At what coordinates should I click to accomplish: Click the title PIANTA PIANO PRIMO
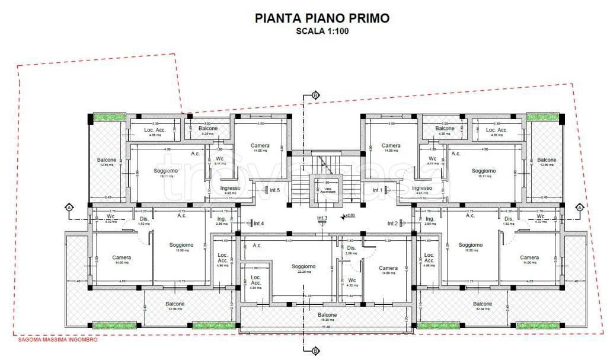pyautogui.click(x=322, y=18)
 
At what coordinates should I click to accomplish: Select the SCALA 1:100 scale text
pyautogui.click(x=322, y=32)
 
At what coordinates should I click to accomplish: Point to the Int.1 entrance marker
pyautogui.click(x=378, y=190)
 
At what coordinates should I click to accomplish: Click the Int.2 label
pyautogui.click(x=392, y=224)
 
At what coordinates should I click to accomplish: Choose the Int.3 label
pyautogui.click(x=322, y=218)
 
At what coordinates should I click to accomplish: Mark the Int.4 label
pyautogui.click(x=258, y=224)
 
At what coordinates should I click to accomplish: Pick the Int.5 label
pyautogui.click(x=274, y=190)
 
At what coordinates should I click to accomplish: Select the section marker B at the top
pyautogui.click(x=315, y=95)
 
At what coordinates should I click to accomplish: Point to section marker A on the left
pyautogui.click(x=69, y=207)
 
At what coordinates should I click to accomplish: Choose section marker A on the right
pyautogui.click(x=579, y=207)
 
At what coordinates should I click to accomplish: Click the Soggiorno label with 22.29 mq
pyautogui.click(x=303, y=267)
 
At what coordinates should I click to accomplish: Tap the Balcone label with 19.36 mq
pyautogui.click(x=327, y=315)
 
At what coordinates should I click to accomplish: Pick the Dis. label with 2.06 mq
pyautogui.click(x=351, y=248)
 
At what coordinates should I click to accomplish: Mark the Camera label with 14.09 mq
pyautogui.click(x=388, y=268)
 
